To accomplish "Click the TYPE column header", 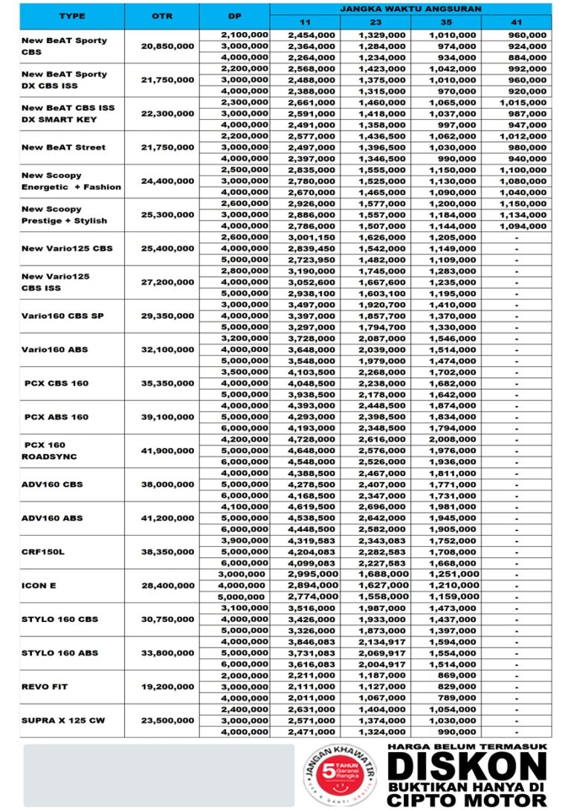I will click(71, 16).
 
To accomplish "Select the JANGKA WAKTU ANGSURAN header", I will click(410, 8).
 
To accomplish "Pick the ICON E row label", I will click(39, 586).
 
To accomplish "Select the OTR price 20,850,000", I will click(168, 46).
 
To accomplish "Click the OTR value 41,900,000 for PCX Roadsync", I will click(168, 451).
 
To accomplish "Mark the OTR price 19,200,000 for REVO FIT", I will click(168, 687).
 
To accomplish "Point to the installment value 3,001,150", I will click(312, 237).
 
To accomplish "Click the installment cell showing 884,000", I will click(526, 57).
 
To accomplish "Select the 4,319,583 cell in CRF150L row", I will click(312, 541).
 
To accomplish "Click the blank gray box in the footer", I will click(158, 775).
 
